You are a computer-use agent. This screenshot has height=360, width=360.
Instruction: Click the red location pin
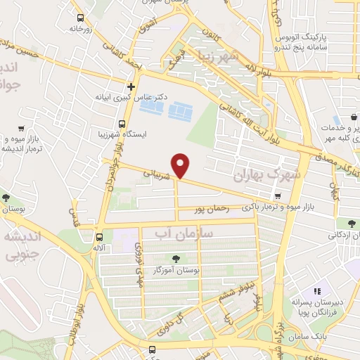[182, 165]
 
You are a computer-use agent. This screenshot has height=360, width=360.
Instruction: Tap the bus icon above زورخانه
[81, 17]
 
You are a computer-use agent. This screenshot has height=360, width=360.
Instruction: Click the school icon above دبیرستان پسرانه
[317, 290]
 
